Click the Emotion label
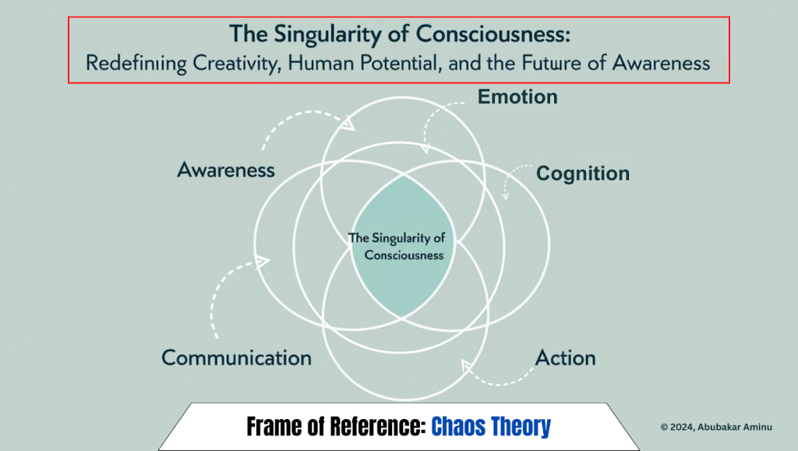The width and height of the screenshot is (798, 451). pos(517,97)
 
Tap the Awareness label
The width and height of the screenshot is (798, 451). pos(226,170)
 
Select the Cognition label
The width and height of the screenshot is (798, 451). pos(583,174)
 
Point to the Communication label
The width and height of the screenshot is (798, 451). pos(236,358)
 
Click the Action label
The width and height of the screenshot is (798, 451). pos(565,358)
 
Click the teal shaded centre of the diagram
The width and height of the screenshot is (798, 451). pos(402,246)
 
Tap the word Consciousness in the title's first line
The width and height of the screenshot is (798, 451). pos(493,34)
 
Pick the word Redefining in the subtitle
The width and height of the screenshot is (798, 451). pos(136,64)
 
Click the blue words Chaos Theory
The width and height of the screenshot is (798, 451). pos(491,427)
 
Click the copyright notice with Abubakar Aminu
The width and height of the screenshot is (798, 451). pos(716,427)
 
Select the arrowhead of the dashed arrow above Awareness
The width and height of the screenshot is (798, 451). pos(348,124)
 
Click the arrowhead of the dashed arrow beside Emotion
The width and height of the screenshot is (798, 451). pos(425,148)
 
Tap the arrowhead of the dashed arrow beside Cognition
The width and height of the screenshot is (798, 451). pos(505,196)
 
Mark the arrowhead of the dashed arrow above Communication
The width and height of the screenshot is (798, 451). pos(262,262)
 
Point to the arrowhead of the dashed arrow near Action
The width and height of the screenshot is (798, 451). pos(467,365)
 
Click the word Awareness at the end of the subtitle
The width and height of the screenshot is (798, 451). pos(661,63)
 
